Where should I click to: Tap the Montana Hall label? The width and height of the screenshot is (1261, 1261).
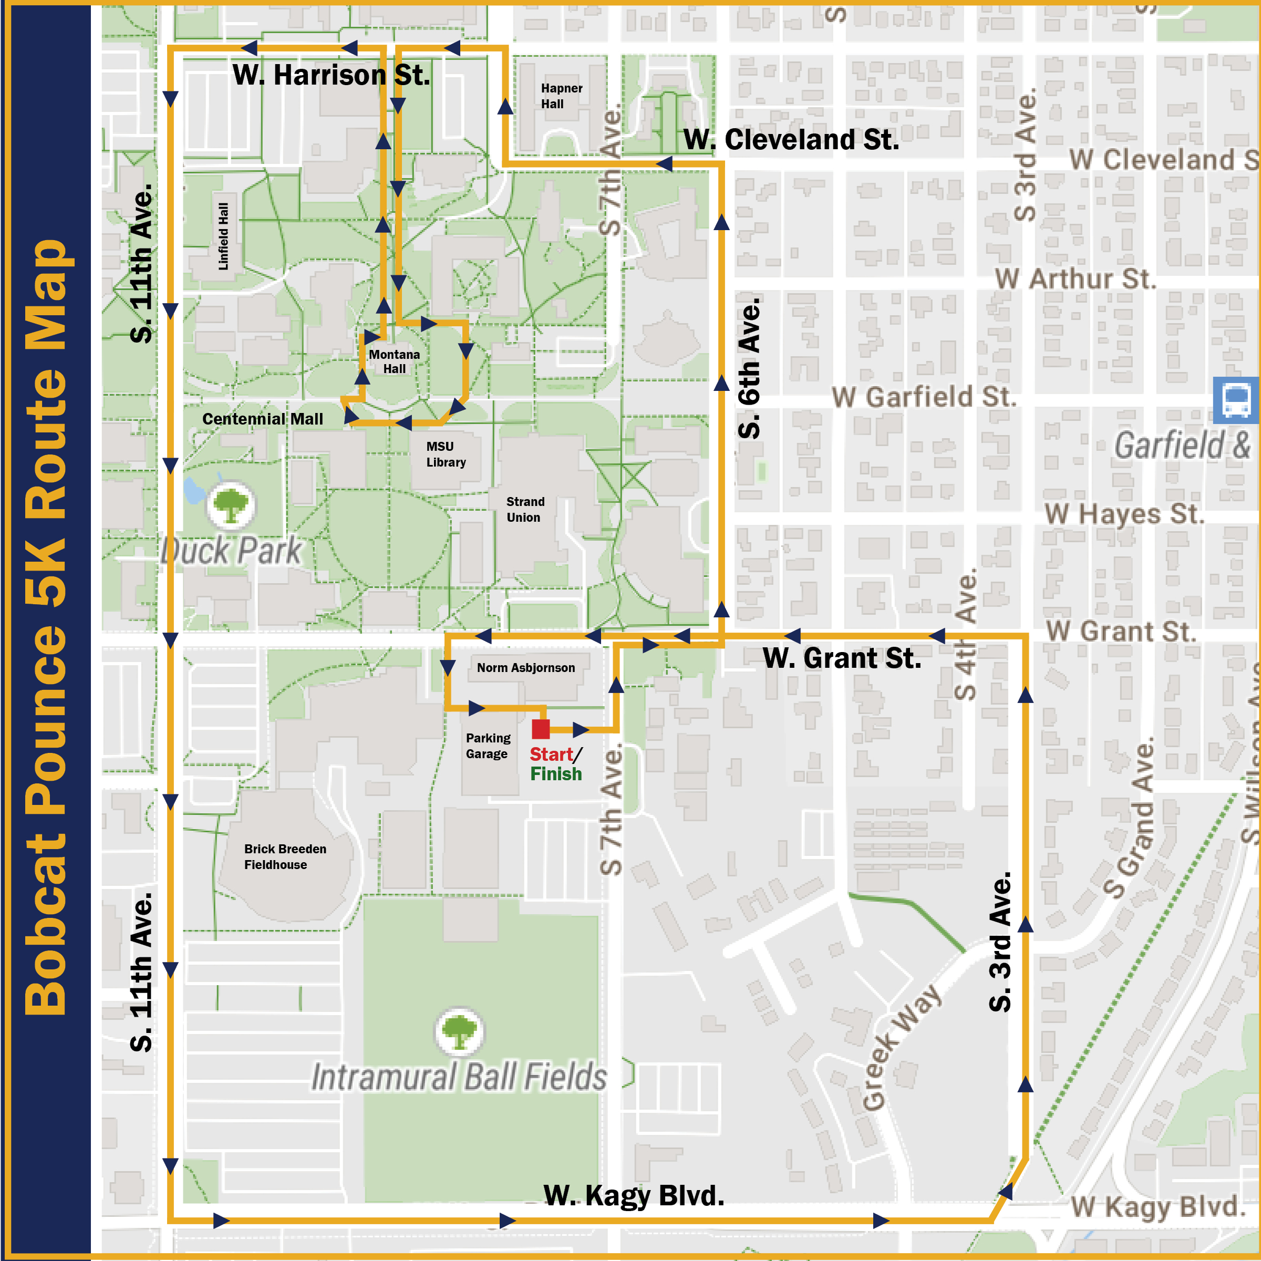(x=394, y=361)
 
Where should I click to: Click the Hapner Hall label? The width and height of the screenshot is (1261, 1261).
(x=561, y=96)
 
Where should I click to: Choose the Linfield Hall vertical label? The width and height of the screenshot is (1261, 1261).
(x=224, y=236)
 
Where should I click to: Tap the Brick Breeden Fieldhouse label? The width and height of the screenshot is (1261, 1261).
(x=285, y=856)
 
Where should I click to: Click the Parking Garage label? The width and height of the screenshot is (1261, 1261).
(x=488, y=746)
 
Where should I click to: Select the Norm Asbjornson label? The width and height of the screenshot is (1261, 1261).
(x=525, y=668)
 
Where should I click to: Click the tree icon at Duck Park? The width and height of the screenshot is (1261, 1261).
(x=231, y=506)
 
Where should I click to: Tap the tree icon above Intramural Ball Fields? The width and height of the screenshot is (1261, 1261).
(x=460, y=1032)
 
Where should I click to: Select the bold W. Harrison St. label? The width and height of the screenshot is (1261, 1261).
(x=332, y=75)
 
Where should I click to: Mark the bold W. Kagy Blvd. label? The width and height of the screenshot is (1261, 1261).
(x=633, y=1196)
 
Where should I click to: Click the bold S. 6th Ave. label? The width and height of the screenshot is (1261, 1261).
(x=749, y=369)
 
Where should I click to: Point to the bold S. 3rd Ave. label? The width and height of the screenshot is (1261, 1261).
(x=999, y=943)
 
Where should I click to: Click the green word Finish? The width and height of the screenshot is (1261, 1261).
(x=555, y=774)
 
